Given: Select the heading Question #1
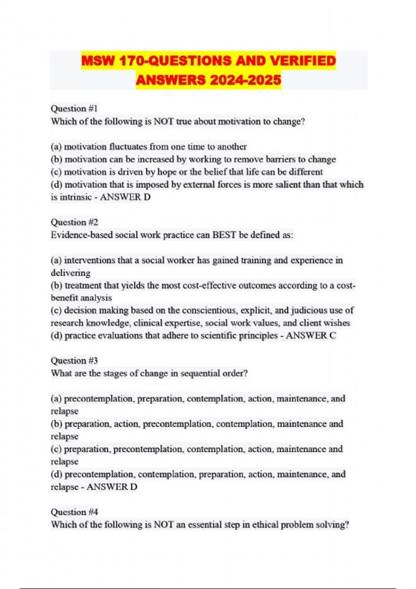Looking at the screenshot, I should pos(74,108).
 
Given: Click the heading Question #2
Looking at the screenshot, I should pos(74,222).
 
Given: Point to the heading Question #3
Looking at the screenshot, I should pos(74,361).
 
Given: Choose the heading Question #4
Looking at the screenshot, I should pos(74,512).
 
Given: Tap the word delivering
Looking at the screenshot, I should pos(70,273).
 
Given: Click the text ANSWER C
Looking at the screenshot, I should pos(311,335).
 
